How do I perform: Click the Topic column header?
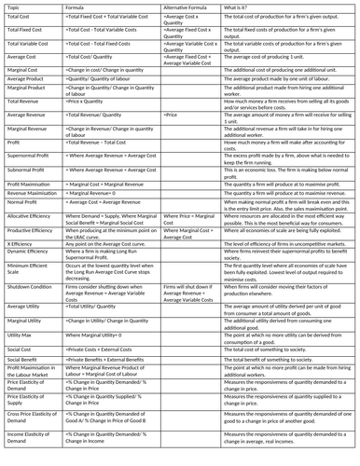click(x=15, y=7)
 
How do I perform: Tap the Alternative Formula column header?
click(x=187, y=7)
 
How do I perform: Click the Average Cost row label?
click(x=22, y=58)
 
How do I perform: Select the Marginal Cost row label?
click(x=24, y=71)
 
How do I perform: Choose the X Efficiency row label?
click(x=21, y=243)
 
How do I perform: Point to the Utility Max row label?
click(x=21, y=334)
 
